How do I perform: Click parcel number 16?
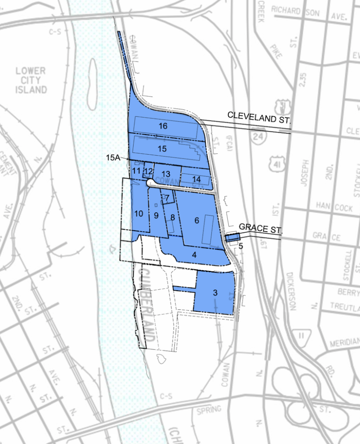pos(163,126)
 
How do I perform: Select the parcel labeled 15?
pos(162,149)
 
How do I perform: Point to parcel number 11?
pos(136,171)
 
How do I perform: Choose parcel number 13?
pos(166,173)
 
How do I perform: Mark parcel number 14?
pos(196,179)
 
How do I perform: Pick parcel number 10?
pos(138,214)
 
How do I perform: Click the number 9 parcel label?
pos(157,215)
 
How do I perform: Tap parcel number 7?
pos(167,198)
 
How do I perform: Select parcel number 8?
pos(172,218)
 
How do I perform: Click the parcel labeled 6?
pos(197,220)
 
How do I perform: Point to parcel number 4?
pos(194,255)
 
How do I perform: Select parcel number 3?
pos(215,293)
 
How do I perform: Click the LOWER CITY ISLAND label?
pos(31,80)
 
